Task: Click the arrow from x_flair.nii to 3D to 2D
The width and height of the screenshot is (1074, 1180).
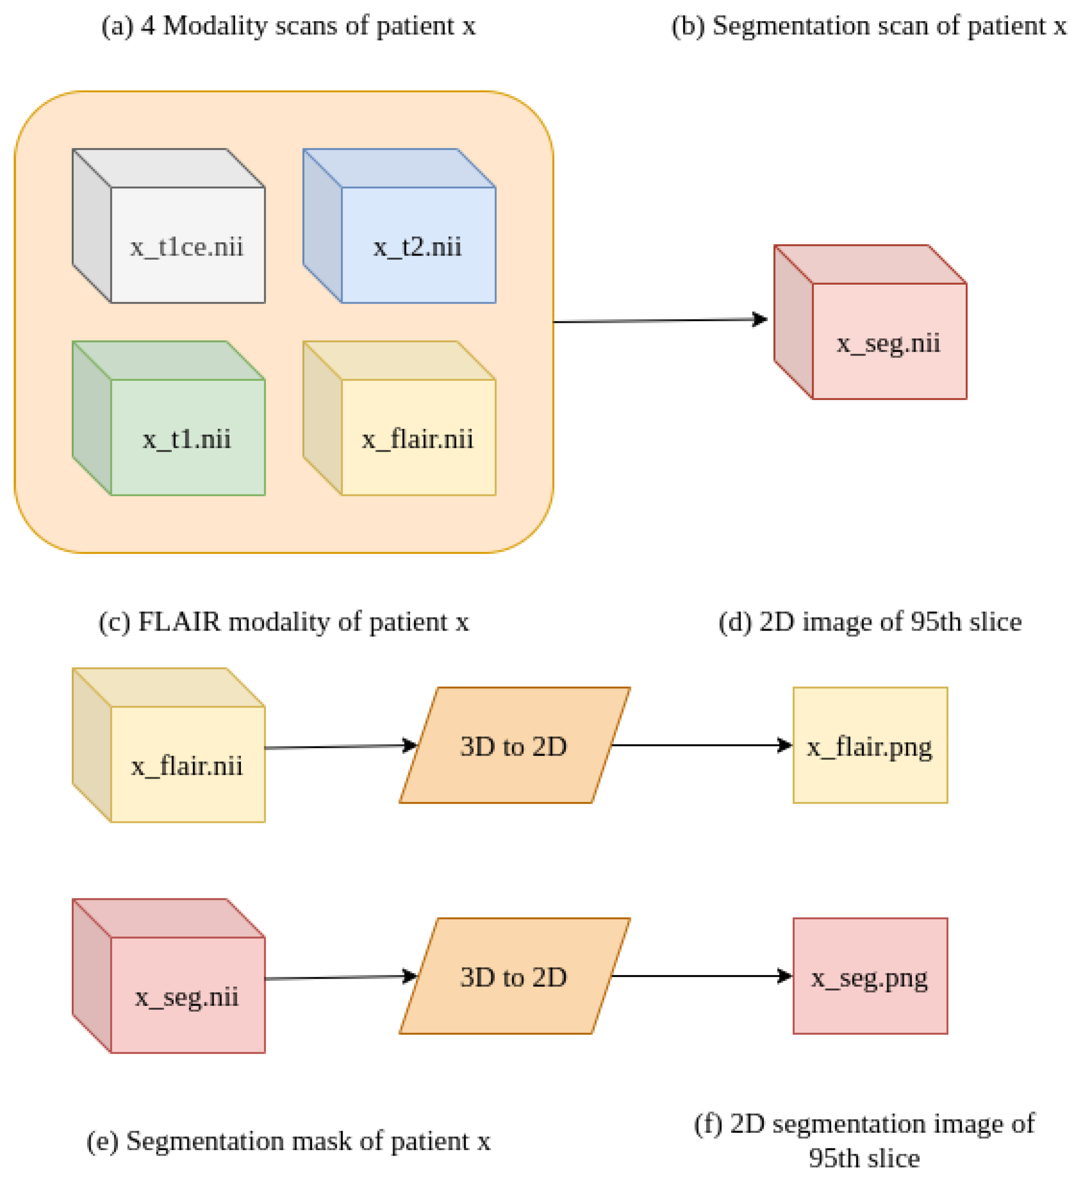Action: pyautogui.click(x=339, y=747)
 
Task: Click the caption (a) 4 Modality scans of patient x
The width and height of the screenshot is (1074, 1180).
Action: pyautogui.click(x=288, y=26)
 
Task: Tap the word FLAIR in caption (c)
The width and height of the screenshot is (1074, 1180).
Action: pyautogui.click(x=179, y=622)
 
